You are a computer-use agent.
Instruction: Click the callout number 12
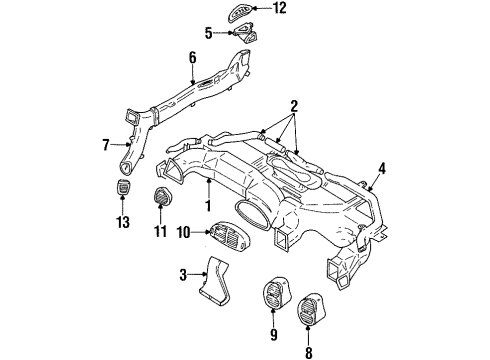280,9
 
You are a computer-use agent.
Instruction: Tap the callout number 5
209,32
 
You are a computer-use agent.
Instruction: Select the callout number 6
192,58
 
